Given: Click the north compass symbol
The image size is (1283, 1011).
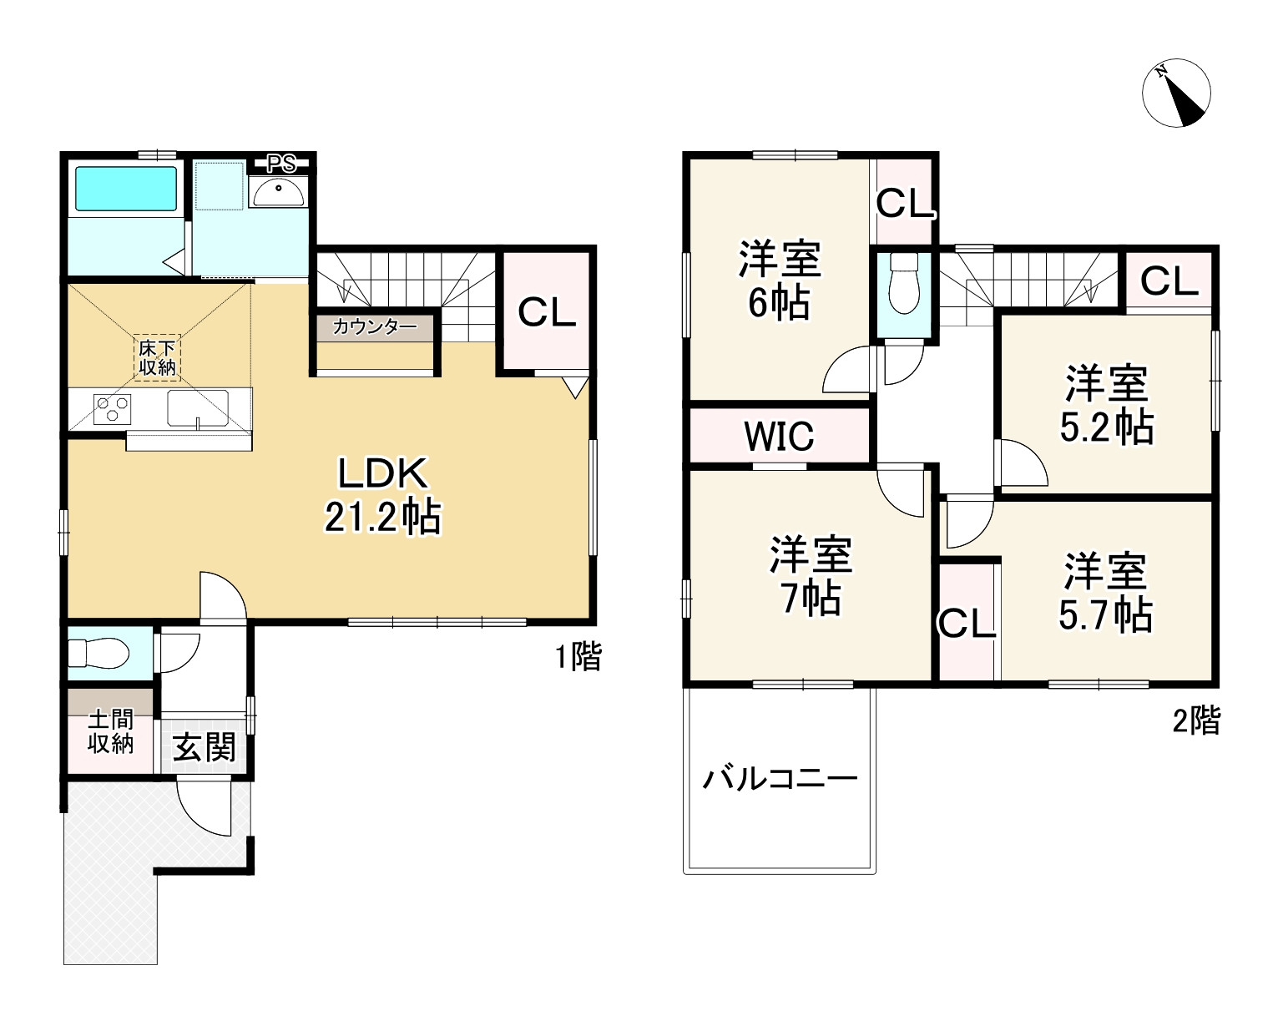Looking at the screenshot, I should (1175, 94).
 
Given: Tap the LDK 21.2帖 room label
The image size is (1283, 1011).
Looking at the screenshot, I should (382, 496).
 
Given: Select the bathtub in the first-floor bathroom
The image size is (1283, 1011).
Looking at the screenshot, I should (127, 189).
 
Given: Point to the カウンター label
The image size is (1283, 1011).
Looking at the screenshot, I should (375, 326).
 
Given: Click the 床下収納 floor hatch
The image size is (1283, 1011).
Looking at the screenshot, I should (157, 357).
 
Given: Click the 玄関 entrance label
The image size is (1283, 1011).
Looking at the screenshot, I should (203, 746).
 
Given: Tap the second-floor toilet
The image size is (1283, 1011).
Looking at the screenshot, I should (903, 286).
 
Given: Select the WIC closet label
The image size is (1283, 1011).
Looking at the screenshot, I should (779, 436).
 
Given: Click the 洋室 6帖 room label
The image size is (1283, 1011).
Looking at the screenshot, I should (779, 281).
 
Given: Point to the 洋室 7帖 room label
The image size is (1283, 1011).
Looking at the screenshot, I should (811, 576).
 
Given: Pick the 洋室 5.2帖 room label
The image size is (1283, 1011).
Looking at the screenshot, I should (1106, 405).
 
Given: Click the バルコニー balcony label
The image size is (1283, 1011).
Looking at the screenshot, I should (780, 781).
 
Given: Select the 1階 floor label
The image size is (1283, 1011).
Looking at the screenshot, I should (578, 658).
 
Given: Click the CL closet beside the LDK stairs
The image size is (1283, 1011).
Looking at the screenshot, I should (547, 312).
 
